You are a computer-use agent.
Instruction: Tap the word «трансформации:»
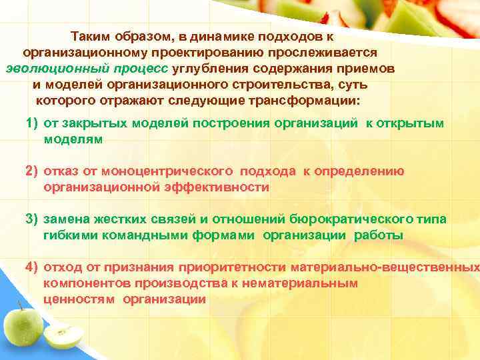point(311,101)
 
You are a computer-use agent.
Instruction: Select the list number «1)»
point(32,125)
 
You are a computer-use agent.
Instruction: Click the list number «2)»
point(32,171)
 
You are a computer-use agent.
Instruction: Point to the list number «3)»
point(32,219)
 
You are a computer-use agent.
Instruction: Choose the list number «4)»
point(32,267)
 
